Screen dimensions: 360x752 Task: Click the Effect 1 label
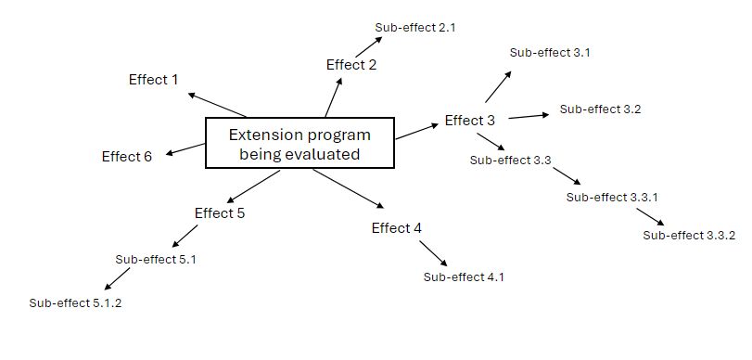(x=153, y=80)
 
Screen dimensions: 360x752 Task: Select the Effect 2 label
(x=351, y=65)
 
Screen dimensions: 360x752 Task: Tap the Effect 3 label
(x=470, y=121)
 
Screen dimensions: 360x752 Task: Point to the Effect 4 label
(x=397, y=228)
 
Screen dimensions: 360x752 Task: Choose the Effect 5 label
(x=220, y=213)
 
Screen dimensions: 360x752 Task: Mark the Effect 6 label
(x=127, y=157)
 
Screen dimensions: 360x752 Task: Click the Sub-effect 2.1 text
(x=415, y=28)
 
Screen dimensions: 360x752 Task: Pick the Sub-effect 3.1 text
(x=550, y=53)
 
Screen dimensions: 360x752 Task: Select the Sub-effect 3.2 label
(x=600, y=109)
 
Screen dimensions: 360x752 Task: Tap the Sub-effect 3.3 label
(x=511, y=161)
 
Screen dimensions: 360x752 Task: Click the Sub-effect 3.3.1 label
(x=612, y=197)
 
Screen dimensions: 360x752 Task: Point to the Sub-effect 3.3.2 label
(x=689, y=235)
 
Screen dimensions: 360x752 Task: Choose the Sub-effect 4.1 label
(x=464, y=276)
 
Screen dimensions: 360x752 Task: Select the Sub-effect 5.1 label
(x=156, y=260)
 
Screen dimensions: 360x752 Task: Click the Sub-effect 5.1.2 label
(x=75, y=303)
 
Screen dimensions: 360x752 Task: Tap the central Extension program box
(x=300, y=144)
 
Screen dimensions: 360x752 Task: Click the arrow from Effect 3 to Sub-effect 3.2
(x=529, y=115)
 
